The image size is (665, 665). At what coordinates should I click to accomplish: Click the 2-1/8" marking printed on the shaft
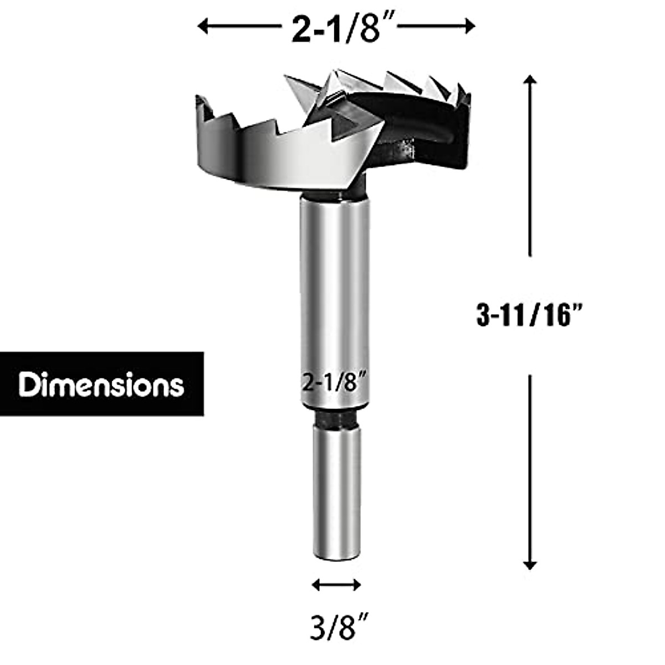335,382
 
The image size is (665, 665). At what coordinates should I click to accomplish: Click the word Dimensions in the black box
101,384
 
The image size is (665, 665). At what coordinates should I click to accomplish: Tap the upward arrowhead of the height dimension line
530,81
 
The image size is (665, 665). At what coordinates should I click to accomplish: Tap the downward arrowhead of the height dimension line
530,565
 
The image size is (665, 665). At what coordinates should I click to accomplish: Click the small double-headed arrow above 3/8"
336,584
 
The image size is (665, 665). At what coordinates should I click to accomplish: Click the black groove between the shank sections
335,419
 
